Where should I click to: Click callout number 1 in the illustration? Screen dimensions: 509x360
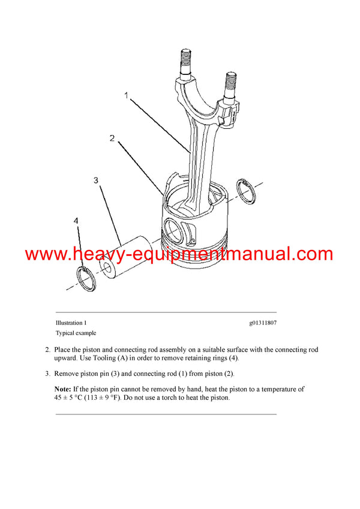[126, 95]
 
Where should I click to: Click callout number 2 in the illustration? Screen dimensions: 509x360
[112, 139]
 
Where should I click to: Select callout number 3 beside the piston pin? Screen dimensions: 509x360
[96, 180]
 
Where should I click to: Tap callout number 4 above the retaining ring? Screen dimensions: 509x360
[76, 221]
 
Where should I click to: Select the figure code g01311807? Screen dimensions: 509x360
[263, 323]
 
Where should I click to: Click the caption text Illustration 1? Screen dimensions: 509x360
[71, 323]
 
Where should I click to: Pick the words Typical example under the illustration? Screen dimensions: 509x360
[76, 333]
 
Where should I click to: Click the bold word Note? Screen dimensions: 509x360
[63, 389]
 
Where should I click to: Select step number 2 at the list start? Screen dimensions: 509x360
[47, 349]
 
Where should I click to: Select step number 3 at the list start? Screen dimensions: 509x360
[47, 374]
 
